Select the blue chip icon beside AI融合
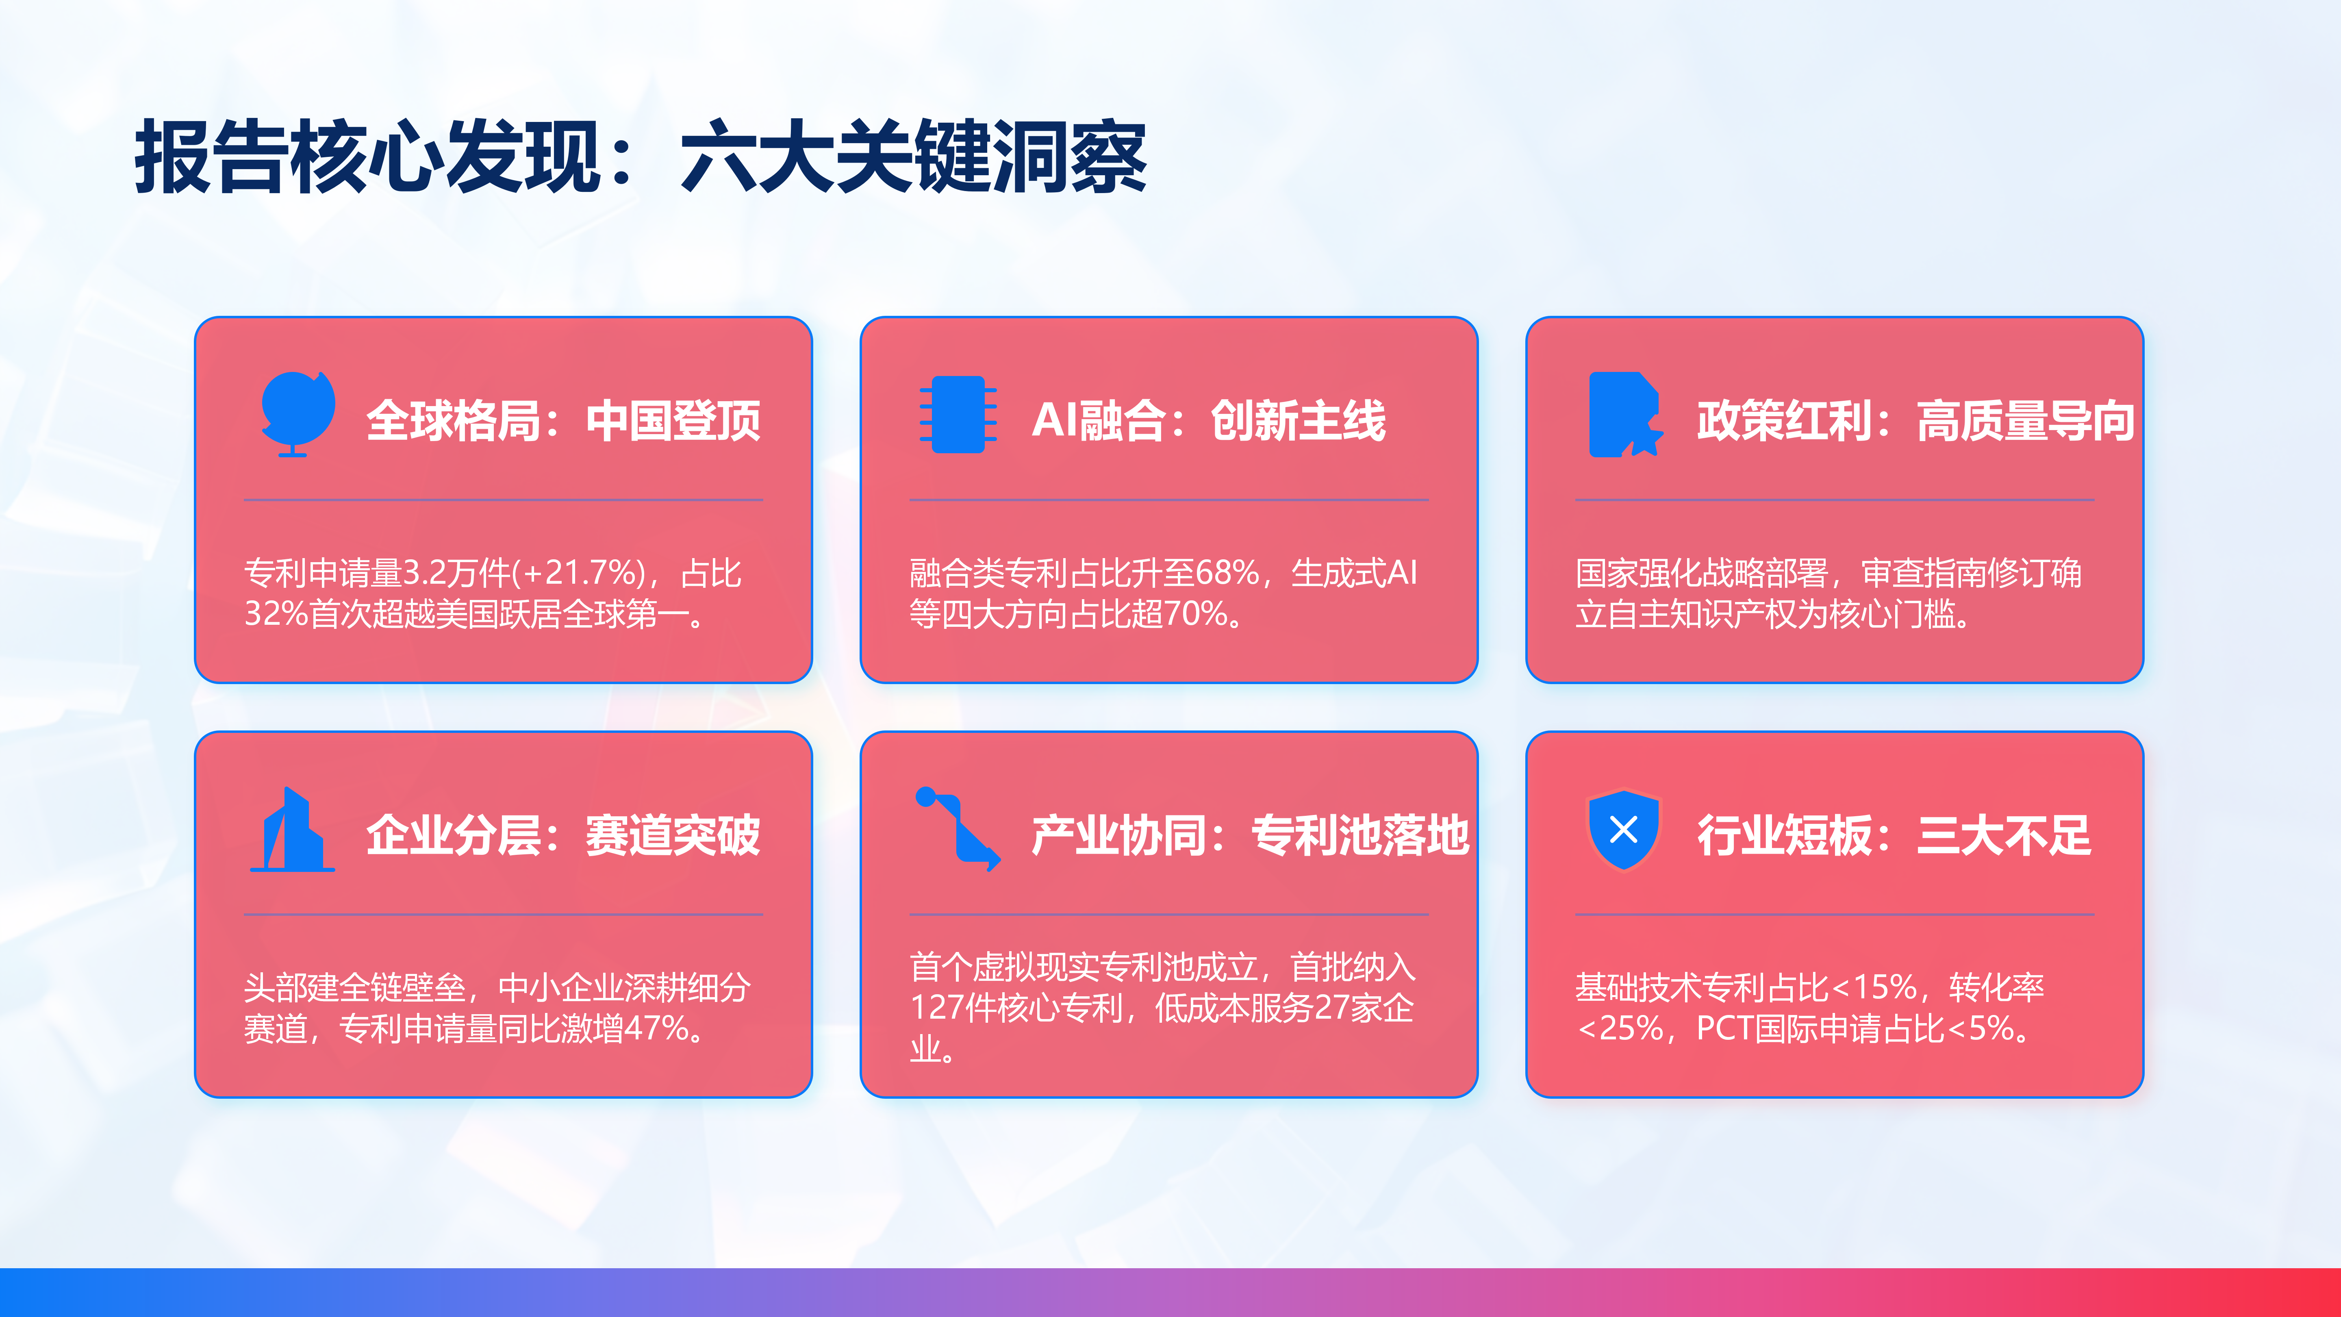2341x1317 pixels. [x=958, y=415]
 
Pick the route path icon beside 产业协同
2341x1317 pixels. [x=958, y=828]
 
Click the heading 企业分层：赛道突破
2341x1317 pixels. [x=563, y=835]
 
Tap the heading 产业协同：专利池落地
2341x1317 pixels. [x=1251, y=835]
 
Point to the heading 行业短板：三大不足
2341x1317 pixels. [x=1895, y=835]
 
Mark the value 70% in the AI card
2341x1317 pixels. [x=1196, y=613]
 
